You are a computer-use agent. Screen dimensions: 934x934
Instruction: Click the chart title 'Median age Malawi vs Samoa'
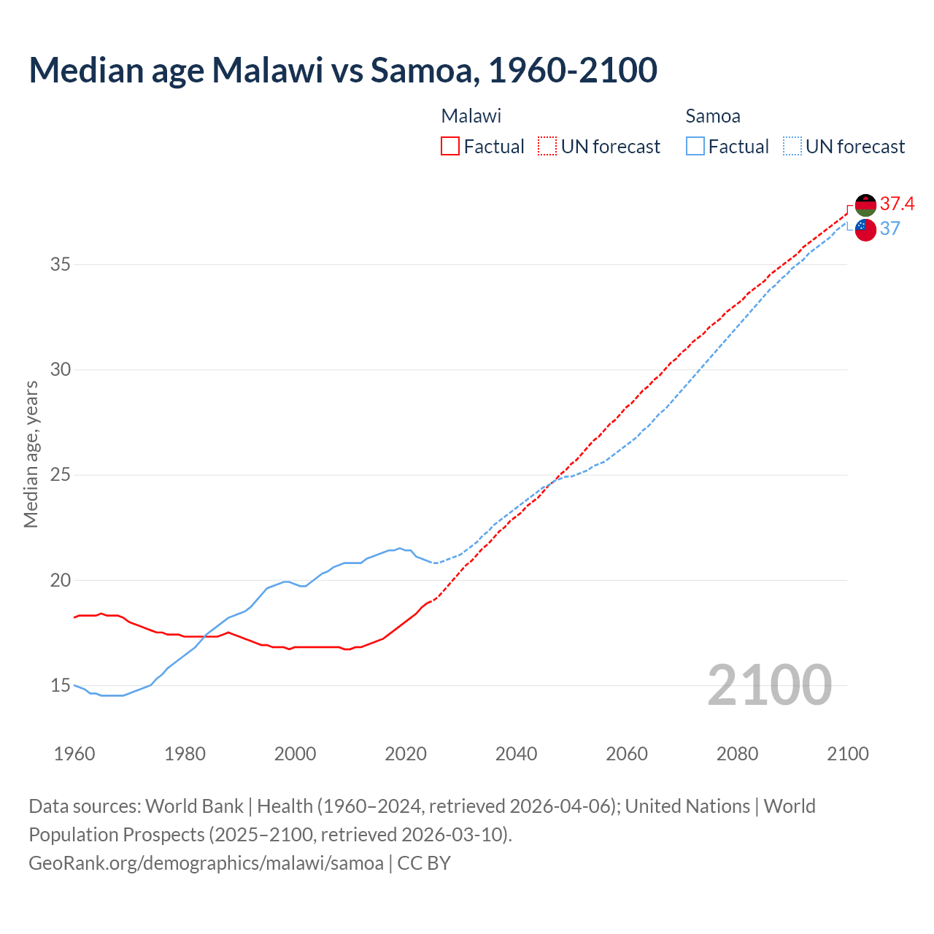[343, 70]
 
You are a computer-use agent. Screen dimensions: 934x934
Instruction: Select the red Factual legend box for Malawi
[450, 146]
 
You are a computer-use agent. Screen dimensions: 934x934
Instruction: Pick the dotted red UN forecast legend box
[547, 146]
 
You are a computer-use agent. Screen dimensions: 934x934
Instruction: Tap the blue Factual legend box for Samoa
[695, 146]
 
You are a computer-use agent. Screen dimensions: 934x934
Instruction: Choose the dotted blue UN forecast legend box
[792, 146]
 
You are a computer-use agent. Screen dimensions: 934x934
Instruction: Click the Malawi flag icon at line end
[865, 205]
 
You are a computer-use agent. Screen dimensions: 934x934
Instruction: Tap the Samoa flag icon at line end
[865, 229]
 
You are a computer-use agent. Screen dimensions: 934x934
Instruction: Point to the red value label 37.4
[897, 204]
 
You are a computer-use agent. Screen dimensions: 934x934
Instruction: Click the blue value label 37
[890, 229]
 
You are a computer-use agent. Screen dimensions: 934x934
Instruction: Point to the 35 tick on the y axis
[61, 264]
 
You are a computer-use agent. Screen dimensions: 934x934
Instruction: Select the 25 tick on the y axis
[61, 475]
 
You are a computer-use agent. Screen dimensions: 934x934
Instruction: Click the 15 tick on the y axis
[61, 686]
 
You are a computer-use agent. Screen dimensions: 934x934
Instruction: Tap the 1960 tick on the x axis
[74, 754]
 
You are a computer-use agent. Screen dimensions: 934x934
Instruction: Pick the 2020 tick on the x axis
[406, 754]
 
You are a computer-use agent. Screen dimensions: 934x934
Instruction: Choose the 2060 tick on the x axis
[627, 754]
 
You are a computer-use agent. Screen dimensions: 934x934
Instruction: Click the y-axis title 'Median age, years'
[31, 454]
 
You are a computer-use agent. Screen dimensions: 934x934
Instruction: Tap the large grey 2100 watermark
[769, 684]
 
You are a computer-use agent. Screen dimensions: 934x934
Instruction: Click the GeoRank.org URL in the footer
[206, 863]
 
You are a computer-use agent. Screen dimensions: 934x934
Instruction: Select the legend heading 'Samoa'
[713, 116]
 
